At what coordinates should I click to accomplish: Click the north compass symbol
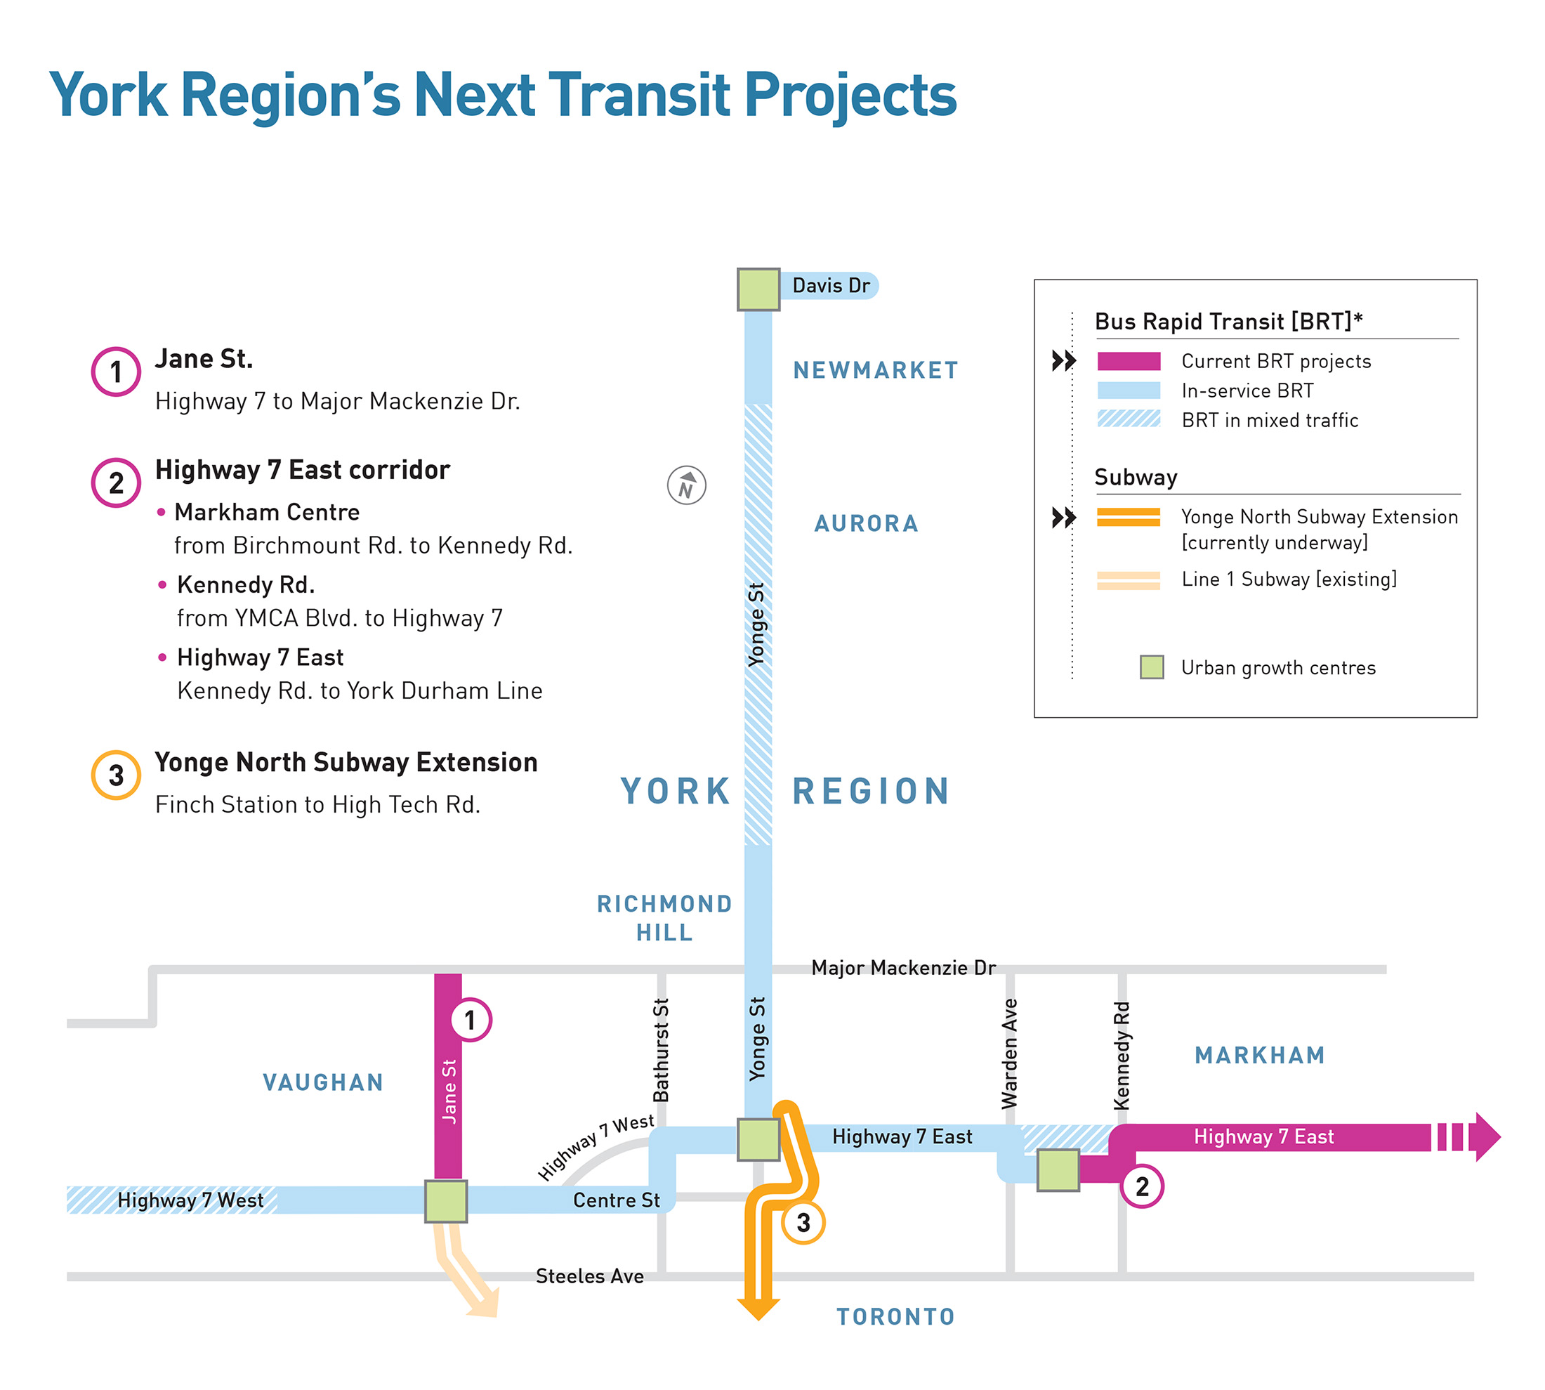(686, 485)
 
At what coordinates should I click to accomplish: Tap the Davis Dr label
(830, 286)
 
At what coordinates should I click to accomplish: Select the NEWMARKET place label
(875, 370)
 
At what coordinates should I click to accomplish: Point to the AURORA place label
(866, 523)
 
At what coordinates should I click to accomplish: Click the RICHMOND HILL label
(664, 917)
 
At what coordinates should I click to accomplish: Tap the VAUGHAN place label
(323, 1082)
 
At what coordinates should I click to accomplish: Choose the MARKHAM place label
(1259, 1055)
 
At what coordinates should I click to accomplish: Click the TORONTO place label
(895, 1317)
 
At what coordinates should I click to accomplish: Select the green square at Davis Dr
(758, 289)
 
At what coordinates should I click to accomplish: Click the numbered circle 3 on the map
(803, 1223)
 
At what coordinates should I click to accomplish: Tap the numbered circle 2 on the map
(1141, 1186)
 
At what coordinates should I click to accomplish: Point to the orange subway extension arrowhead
(758, 1309)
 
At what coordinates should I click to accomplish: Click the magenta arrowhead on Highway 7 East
(1486, 1136)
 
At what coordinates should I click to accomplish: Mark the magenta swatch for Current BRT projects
(1128, 361)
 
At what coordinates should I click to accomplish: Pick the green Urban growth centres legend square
(1151, 667)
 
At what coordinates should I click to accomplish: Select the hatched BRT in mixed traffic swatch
(1128, 419)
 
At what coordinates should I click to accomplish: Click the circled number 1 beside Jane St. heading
(115, 372)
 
